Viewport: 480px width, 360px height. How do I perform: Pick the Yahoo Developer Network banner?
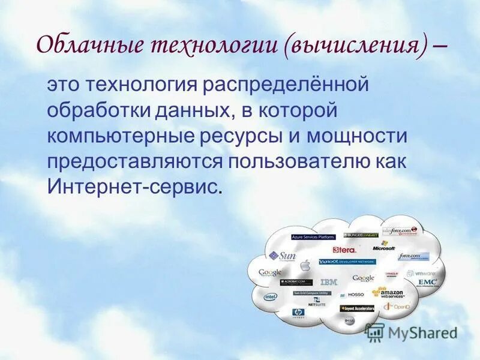click(x=347, y=262)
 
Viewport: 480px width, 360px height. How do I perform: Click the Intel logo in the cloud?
click(x=271, y=296)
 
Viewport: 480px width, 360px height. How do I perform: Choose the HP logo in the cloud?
click(x=298, y=313)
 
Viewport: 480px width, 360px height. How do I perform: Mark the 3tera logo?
click(x=345, y=249)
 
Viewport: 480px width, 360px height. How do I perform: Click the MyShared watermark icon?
click(x=375, y=331)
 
